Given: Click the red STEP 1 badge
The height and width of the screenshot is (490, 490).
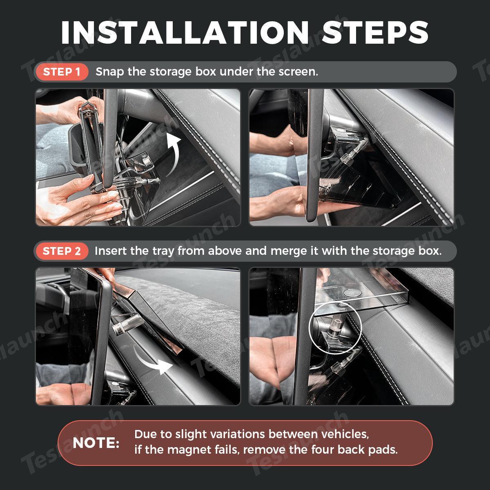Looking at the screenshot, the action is pos(62,72).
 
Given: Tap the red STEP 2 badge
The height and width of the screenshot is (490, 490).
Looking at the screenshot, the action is pos(62,251).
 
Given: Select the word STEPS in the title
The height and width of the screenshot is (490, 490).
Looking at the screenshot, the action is pos(375,33).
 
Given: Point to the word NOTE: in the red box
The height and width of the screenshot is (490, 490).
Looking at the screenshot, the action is pos(96,443).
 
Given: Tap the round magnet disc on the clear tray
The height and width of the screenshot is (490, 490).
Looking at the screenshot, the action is pos(352,293).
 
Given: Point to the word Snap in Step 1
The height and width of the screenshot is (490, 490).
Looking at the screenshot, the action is pos(110,72).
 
